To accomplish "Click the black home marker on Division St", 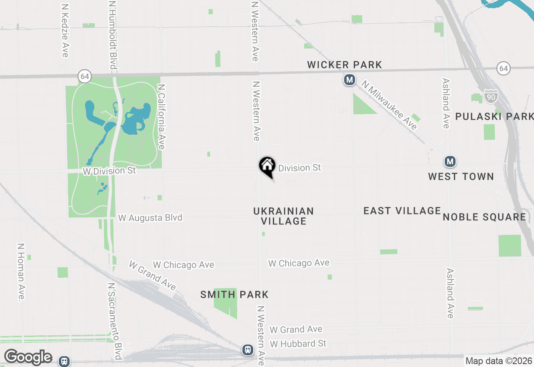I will click(x=267, y=166).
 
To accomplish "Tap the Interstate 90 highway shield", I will click(x=491, y=96).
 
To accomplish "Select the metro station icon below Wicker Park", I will click(x=350, y=80).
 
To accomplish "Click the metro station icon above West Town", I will click(x=449, y=161).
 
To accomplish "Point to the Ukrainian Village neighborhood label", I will click(x=284, y=216).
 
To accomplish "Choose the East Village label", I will click(x=402, y=211).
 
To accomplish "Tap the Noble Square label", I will click(x=484, y=217).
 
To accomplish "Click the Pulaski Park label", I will click(x=494, y=116).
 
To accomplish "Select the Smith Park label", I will click(x=234, y=295).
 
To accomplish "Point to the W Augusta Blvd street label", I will click(x=150, y=218).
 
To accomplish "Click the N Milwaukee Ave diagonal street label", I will click(x=390, y=105).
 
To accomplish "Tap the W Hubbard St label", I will click(x=298, y=344).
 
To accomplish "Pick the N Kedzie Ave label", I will click(x=65, y=31).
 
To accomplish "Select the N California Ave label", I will click(x=161, y=116).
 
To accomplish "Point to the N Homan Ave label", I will click(x=21, y=272).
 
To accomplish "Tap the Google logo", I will click(x=28, y=357).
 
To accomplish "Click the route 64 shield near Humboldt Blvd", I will click(x=85, y=76).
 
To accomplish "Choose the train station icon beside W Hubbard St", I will click(x=248, y=350).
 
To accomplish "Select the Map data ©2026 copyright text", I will click(x=499, y=361).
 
